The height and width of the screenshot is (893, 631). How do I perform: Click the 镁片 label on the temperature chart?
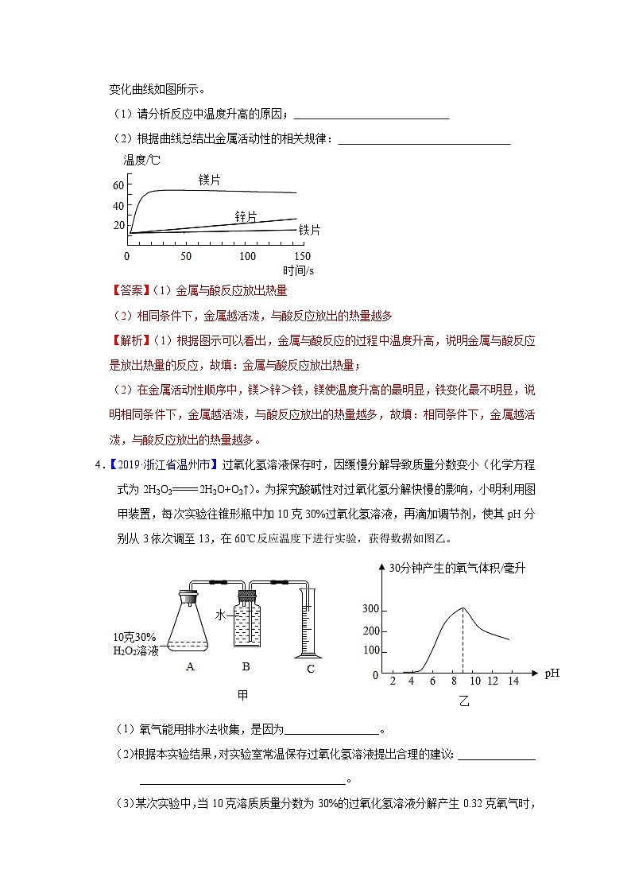tap(209, 181)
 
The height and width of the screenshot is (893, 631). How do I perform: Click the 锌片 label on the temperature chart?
tap(246, 216)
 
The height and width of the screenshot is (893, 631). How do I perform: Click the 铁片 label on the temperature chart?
tap(309, 230)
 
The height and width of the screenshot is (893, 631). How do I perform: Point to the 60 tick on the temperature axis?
tap(119, 185)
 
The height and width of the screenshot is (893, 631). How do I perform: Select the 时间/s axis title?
tap(298, 271)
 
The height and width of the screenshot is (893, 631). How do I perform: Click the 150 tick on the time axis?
tap(302, 256)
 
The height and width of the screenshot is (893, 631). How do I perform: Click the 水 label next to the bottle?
tap(220, 615)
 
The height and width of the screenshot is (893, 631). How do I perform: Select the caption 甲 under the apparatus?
tap(243, 695)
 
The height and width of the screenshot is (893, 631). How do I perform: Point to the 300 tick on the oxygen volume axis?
tap(370, 610)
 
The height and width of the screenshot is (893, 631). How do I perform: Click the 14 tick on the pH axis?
tap(513, 681)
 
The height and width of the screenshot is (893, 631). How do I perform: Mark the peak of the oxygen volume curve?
tap(463, 608)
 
